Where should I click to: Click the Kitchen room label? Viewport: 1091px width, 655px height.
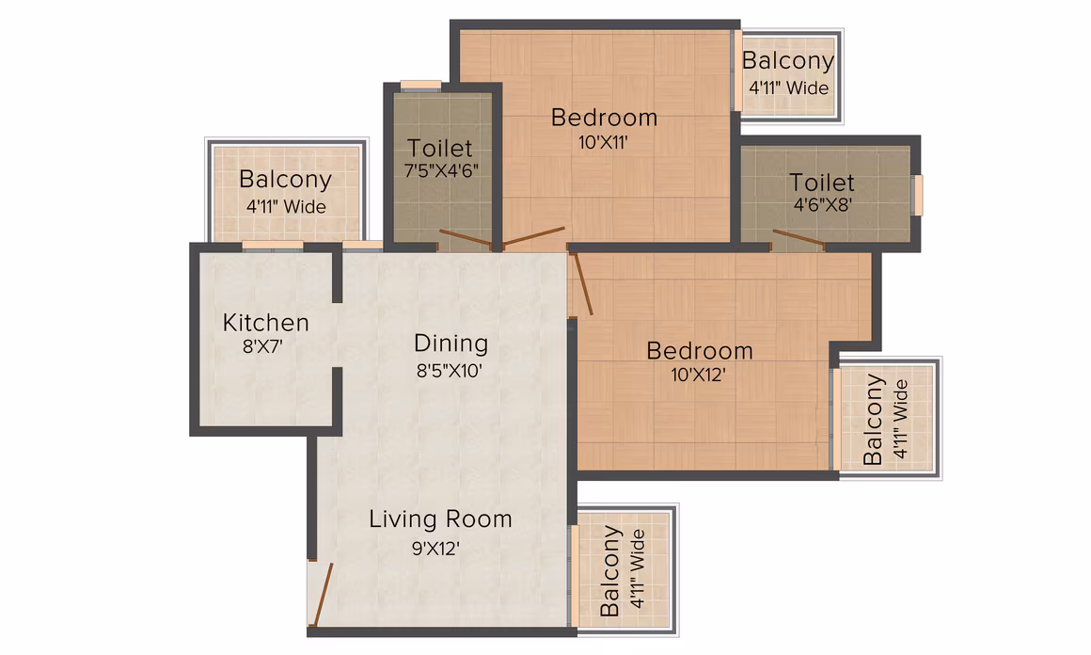(x=266, y=323)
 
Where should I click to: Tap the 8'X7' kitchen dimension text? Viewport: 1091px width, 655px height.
(x=262, y=346)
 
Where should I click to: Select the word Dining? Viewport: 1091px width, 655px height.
(x=451, y=344)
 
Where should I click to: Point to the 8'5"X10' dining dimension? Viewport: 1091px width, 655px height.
(x=450, y=370)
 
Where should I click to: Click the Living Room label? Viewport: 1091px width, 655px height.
(x=440, y=519)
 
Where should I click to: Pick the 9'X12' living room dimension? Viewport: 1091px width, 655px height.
(x=435, y=549)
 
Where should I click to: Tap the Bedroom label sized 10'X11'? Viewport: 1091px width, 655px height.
(x=604, y=118)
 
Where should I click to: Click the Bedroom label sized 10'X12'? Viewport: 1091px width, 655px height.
(x=699, y=351)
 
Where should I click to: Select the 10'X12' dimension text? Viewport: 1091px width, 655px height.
(x=698, y=375)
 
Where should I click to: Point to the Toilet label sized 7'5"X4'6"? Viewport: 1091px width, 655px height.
(x=440, y=148)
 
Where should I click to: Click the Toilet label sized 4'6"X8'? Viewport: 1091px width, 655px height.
(x=822, y=183)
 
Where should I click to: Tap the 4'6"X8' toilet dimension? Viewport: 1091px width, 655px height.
(x=822, y=204)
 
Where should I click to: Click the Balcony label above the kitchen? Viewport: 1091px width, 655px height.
(x=285, y=181)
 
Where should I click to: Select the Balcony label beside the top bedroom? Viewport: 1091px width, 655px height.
(x=787, y=61)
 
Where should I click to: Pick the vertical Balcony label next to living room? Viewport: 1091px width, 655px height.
(x=610, y=571)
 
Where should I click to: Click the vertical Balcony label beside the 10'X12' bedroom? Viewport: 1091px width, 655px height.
(x=873, y=419)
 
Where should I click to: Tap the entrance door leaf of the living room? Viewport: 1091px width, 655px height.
(x=324, y=595)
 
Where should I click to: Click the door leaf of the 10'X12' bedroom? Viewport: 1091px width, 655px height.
(x=581, y=283)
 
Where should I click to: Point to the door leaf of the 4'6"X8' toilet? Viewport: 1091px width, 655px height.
(x=798, y=237)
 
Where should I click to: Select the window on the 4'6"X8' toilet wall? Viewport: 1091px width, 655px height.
(x=919, y=196)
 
